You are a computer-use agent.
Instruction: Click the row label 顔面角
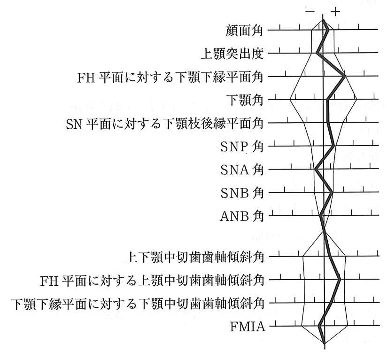(244, 31)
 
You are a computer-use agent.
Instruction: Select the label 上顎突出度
(232, 54)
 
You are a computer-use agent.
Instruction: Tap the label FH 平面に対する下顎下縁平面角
(170, 77)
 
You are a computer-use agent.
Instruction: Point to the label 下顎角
(245, 100)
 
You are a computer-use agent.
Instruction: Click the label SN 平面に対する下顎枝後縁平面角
(165, 124)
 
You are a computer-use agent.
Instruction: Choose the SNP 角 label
(242, 147)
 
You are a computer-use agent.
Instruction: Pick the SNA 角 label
(242, 170)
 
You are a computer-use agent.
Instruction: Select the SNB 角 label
(242, 193)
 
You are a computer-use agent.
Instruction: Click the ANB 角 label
(242, 216)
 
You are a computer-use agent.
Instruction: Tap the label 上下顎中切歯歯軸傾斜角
(195, 257)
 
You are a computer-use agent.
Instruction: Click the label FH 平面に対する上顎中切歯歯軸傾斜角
(152, 280)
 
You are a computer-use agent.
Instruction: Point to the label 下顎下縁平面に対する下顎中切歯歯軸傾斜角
(138, 304)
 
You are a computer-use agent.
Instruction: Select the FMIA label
(248, 327)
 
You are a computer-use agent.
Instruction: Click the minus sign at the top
(310, 11)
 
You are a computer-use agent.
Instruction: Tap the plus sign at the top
(335, 11)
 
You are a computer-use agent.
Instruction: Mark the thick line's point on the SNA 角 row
(316, 169)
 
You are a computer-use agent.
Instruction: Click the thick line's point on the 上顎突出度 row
(317, 53)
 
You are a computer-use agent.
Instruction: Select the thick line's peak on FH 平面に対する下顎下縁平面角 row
(344, 76)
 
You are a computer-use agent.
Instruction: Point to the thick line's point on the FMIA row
(319, 326)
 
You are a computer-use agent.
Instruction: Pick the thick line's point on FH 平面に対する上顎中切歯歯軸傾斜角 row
(340, 280)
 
